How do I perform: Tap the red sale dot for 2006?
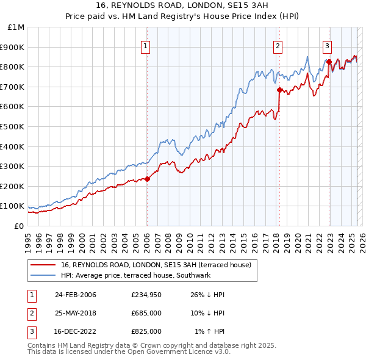[x=147, y=179]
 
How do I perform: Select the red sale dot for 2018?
[x=279, y=90]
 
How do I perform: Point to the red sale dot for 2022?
[x=329, y=62]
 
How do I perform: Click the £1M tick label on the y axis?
[x=16, y=27]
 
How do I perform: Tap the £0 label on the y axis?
[x=18, y=226]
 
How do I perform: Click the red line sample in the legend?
[x=43, y=265]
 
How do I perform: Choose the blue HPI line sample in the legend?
[x=43, y=276]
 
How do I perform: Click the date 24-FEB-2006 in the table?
[x=75, y=295]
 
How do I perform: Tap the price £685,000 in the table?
[x=146, y=313]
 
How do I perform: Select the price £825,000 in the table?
[x=146, y=331]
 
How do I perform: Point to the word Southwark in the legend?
[x=193, y=276]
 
